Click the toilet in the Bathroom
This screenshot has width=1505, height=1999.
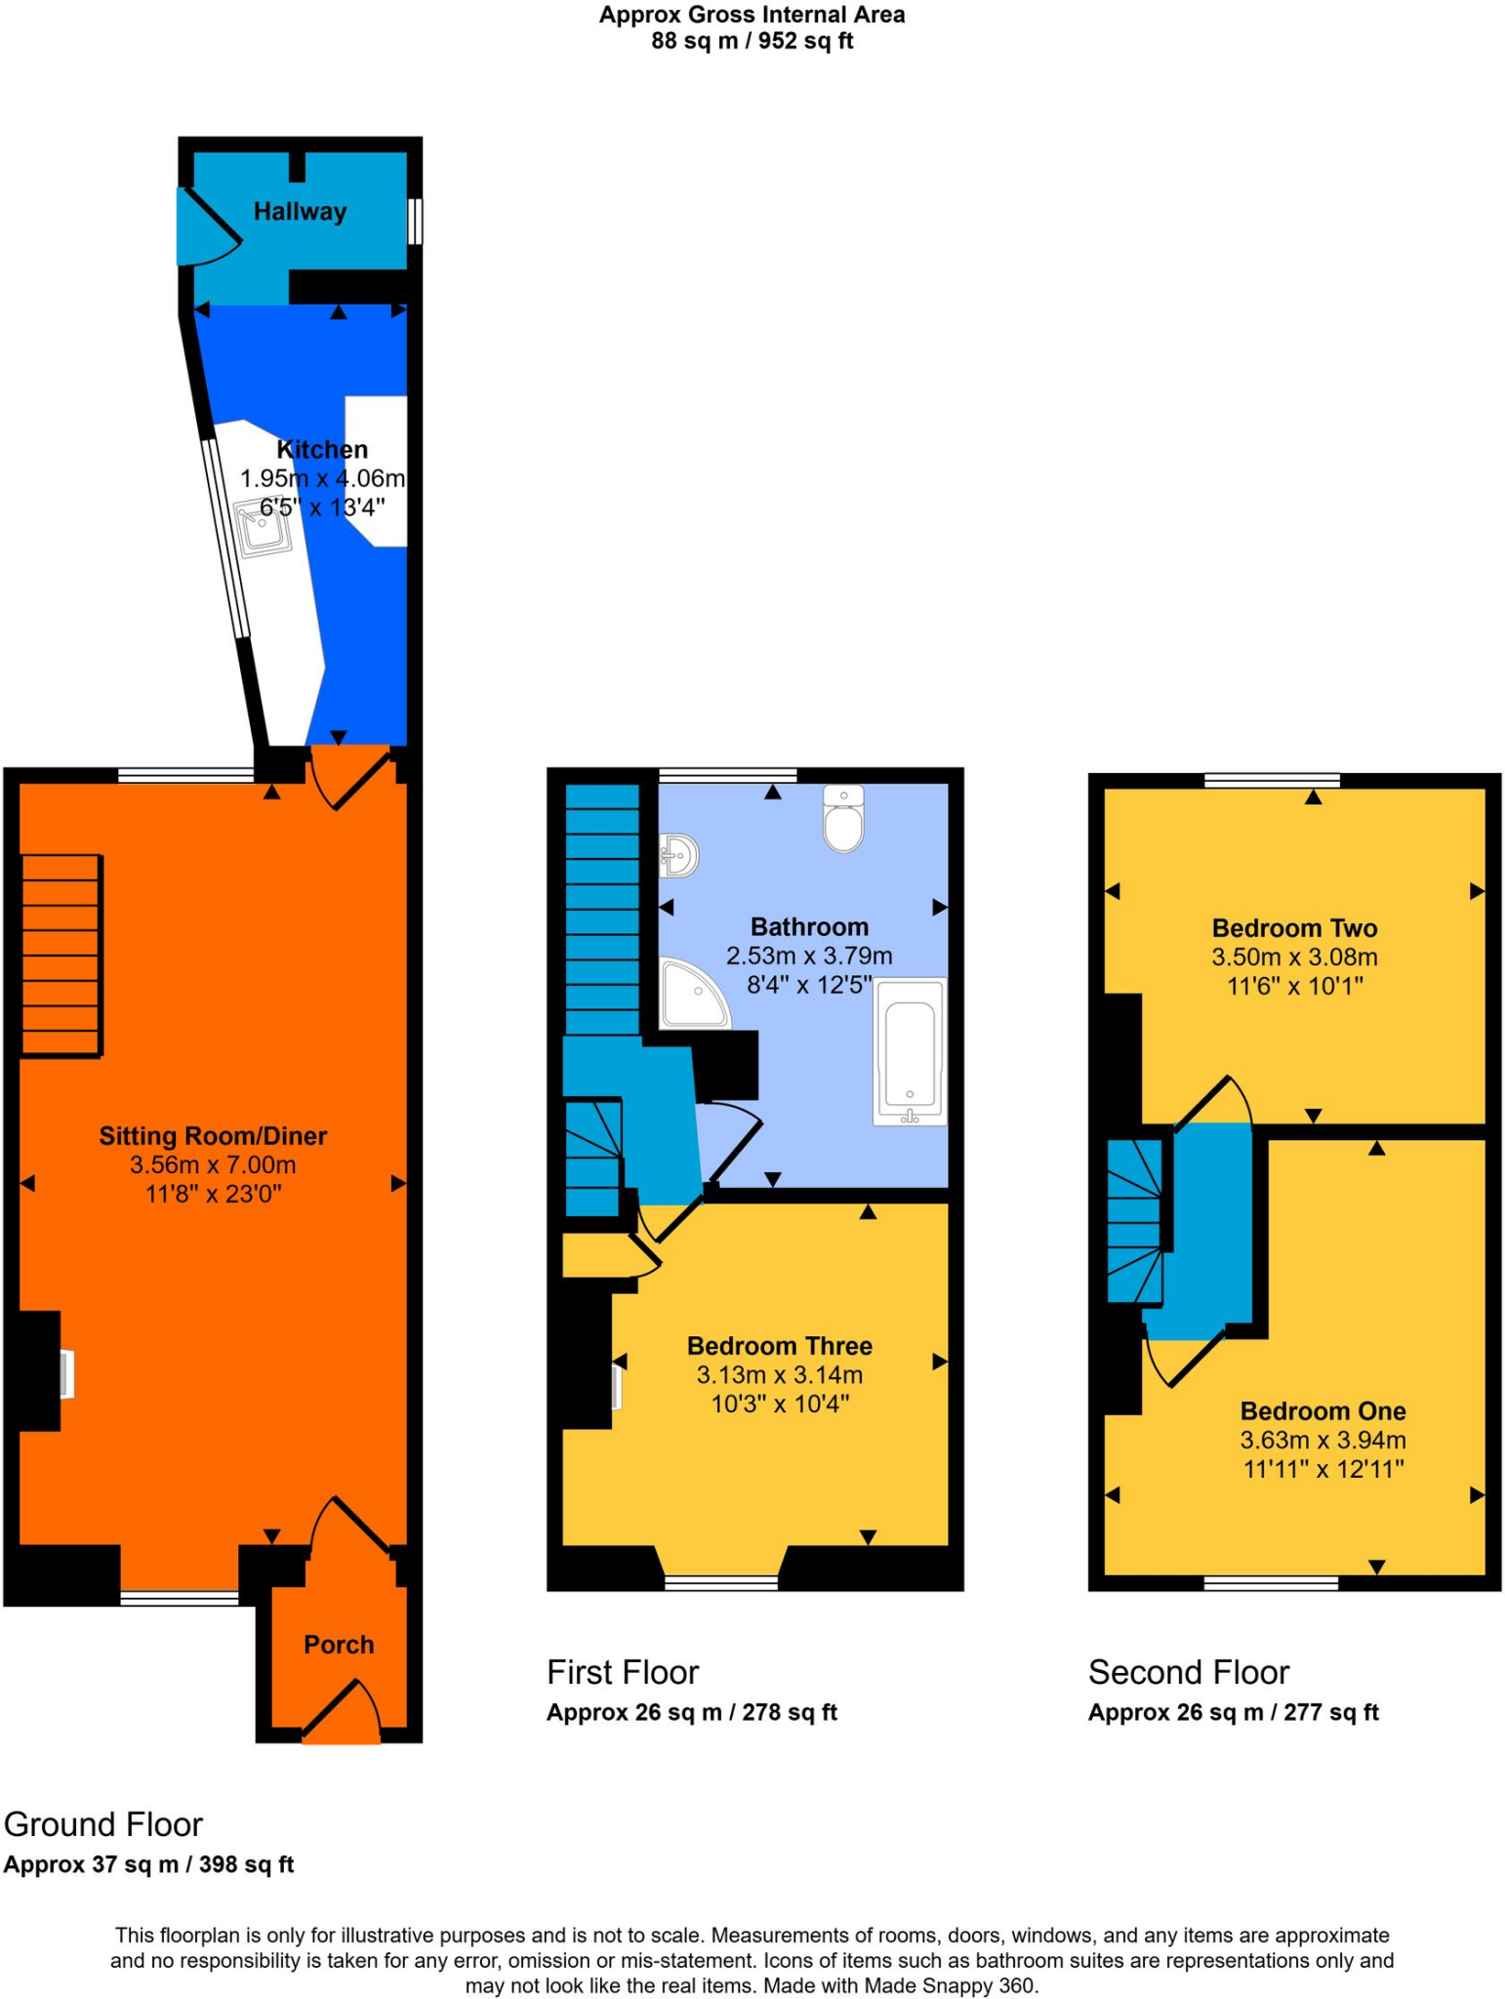843,820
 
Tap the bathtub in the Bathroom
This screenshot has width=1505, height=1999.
911,1052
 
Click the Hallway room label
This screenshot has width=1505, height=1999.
300,212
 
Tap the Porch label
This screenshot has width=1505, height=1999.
339,1645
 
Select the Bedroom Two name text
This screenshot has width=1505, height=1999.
1294,928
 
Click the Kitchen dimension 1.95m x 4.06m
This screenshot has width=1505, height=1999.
322,478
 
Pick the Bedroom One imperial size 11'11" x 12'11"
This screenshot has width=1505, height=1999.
1322,1469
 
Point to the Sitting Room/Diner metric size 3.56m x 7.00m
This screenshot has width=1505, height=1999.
213,1164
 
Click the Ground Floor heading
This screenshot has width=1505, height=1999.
103,1824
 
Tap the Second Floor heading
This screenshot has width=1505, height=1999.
1188,1672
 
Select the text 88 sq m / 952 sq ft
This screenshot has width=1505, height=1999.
752,41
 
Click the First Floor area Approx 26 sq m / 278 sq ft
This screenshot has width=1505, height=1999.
691,1712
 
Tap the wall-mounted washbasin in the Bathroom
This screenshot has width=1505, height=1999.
680,856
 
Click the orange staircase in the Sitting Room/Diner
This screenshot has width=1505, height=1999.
61,955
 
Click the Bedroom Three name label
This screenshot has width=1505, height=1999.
779,1346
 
